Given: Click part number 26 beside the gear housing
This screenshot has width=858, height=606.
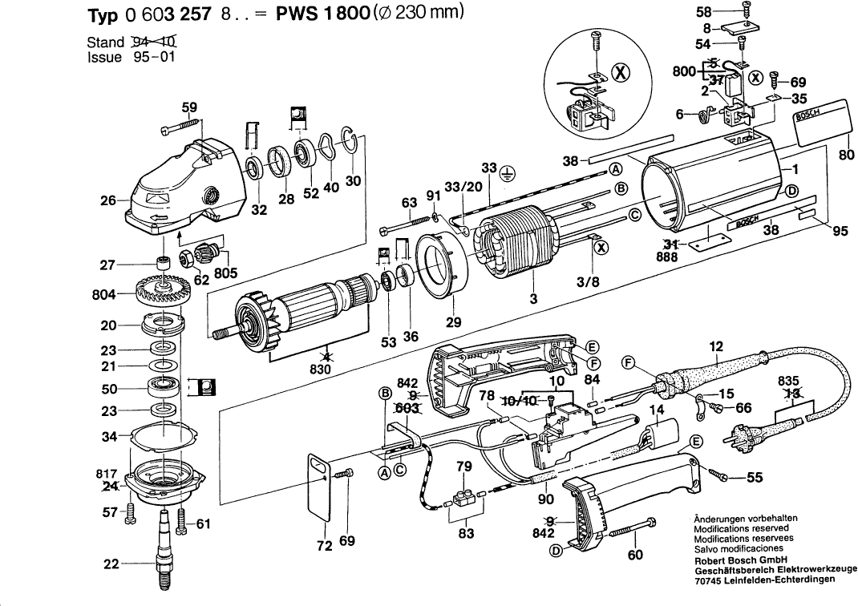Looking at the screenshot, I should pos(108,200).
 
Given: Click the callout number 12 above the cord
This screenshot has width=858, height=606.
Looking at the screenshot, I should pos(716,346).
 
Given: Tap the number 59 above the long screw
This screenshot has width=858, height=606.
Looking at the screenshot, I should pos(189,107).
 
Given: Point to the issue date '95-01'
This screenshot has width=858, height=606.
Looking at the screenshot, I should pos(149,57).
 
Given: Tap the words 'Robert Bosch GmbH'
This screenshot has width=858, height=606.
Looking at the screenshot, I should pos(739,560).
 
